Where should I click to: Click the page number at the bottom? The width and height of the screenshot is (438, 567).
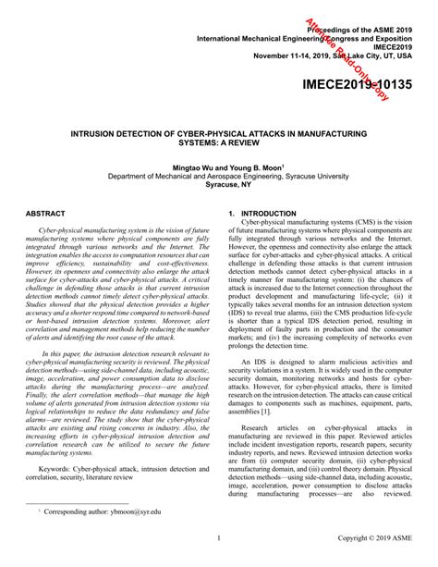218,559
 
